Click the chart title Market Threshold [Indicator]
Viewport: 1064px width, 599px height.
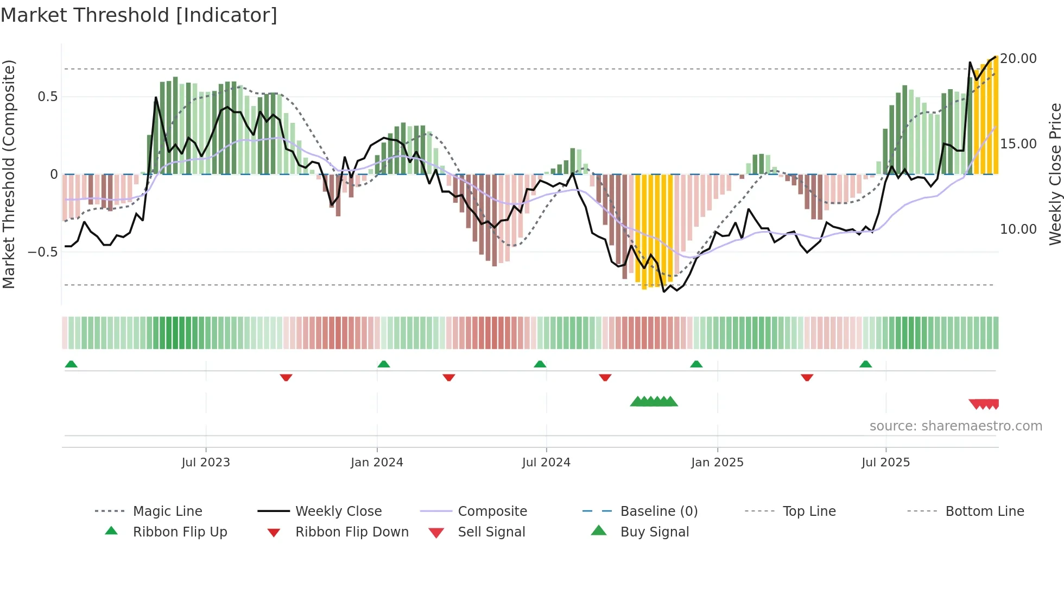click(x=139, y=15)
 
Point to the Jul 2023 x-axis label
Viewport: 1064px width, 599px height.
click(x=206, y=463)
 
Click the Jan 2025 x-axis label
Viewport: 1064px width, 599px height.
click(x=717, y=463)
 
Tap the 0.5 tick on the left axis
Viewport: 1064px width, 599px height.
click(x=47, y=97)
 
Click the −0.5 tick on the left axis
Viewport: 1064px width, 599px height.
click(x=42, y=252)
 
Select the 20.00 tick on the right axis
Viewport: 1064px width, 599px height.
click(x=1018, y=59)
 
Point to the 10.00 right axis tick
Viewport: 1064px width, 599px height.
click(x=1018, y=229)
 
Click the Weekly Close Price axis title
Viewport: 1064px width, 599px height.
click(x=1055, y=174)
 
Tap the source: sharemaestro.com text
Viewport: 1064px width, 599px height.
click(x=955, y=426)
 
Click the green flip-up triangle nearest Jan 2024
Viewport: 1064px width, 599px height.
click(x=384, y=364)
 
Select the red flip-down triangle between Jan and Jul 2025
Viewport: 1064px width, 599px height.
click(x=807, y=377)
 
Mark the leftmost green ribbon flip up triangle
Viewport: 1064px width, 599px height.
click(x=71, y=364)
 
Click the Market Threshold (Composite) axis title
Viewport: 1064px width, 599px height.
click(x=9, y=174)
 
